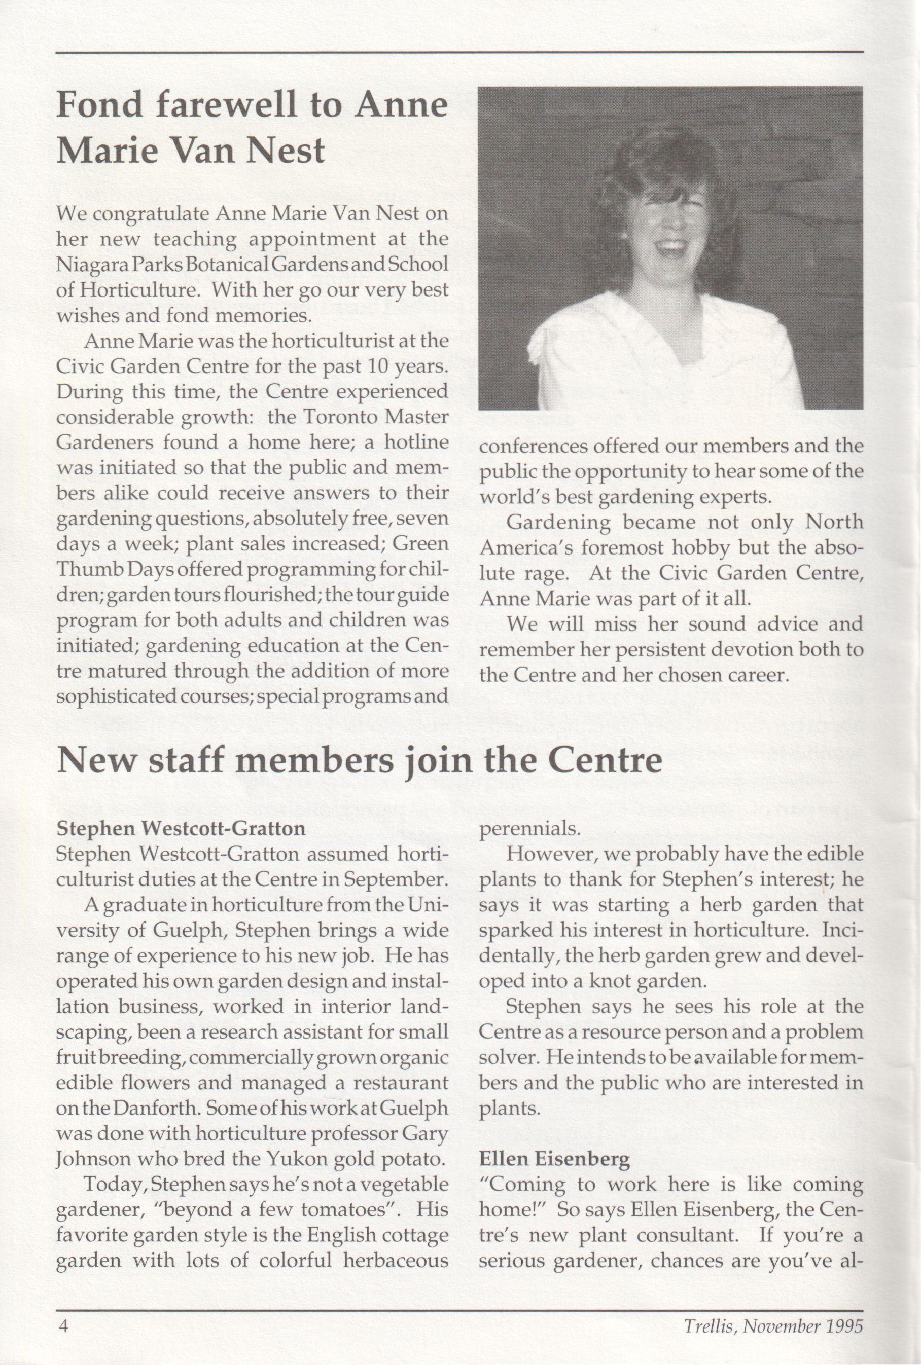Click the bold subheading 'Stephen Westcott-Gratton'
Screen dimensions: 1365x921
coord(181,828)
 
